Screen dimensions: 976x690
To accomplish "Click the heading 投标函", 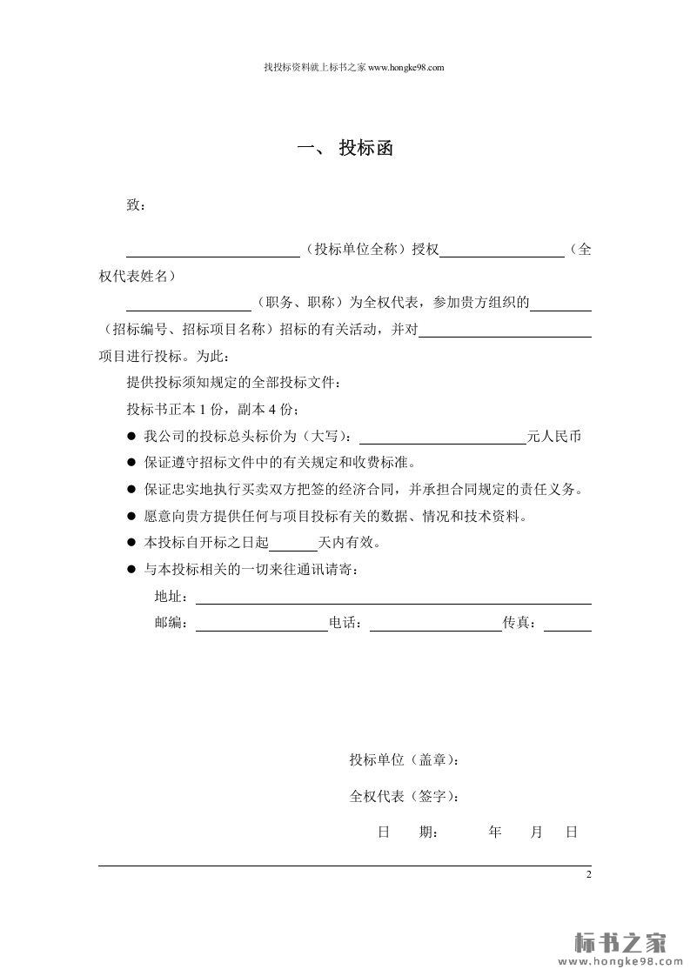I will click(x=366, y=149).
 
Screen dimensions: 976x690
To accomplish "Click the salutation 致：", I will click(x=137, y=205).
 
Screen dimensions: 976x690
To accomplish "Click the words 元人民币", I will click(x=553, y=437).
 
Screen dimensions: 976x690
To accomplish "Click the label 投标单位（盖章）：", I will click(x=404, y=760).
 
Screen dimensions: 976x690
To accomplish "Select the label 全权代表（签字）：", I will click(x=404, y=796).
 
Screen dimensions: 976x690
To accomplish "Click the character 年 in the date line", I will click(x=495, y=832).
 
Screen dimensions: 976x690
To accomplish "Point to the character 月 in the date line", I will click(x=537, y=832).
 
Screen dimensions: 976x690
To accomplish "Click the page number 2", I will click(x=588, y=874).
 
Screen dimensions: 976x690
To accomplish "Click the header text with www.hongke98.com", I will click(x=353, y=67).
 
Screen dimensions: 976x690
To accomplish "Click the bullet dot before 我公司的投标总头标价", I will click(x=132, y=437).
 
